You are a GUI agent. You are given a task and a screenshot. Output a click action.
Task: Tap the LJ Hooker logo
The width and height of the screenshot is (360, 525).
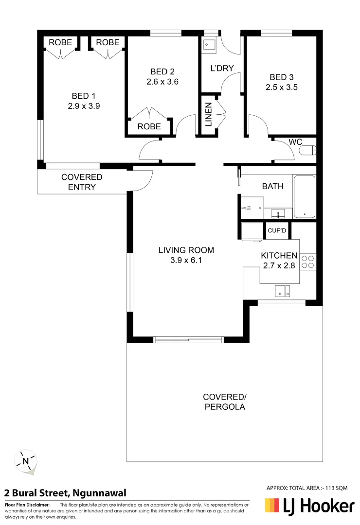point(309,507)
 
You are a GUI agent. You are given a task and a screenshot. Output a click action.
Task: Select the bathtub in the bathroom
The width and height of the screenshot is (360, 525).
point(305,196)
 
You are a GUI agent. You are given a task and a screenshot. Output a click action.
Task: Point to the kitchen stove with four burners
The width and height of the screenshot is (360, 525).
point(307,262)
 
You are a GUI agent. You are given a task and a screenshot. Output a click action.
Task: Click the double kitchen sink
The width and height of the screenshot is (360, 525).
point(282,291)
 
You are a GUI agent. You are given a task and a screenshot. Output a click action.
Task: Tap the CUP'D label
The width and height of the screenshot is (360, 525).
point(277,230)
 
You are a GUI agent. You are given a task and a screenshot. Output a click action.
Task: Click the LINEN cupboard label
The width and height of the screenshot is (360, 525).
point(208,115)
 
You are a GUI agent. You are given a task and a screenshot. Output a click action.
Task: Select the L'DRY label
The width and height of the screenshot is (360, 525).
point(222,69)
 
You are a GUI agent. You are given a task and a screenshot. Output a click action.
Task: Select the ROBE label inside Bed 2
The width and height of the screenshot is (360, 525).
point(149,126)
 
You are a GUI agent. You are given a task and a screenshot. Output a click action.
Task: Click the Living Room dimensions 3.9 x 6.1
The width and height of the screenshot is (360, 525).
point(186,260)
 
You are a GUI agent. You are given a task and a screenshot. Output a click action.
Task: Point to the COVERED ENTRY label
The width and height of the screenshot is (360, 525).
point(82,182)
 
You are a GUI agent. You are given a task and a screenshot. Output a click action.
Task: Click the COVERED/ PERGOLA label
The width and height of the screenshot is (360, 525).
point(224,402)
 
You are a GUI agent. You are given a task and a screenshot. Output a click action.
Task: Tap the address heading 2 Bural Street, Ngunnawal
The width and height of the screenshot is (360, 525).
point(66,493)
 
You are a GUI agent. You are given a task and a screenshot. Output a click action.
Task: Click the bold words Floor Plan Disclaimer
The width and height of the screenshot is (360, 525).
point(27,505)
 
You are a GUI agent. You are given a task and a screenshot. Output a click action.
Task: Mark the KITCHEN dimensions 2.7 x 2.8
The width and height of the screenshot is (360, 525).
point(279,265)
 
